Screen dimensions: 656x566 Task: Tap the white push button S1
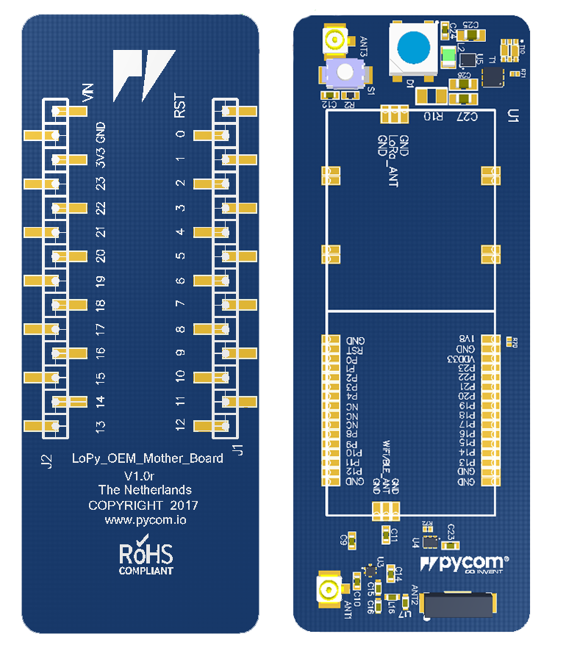tap(343, 73)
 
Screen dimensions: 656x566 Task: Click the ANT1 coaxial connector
tap(327, 589)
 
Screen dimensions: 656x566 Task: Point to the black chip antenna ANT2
tap(460, 605)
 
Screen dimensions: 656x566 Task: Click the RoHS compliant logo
tap(146, 558)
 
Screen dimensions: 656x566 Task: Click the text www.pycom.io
tap(146, 520)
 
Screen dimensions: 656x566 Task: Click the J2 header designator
tap(46, 462)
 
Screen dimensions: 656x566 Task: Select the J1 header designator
tap(237, 450)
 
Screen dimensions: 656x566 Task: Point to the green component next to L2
tap(447, 55)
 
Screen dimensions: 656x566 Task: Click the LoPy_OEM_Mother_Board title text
tap(147, 458)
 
